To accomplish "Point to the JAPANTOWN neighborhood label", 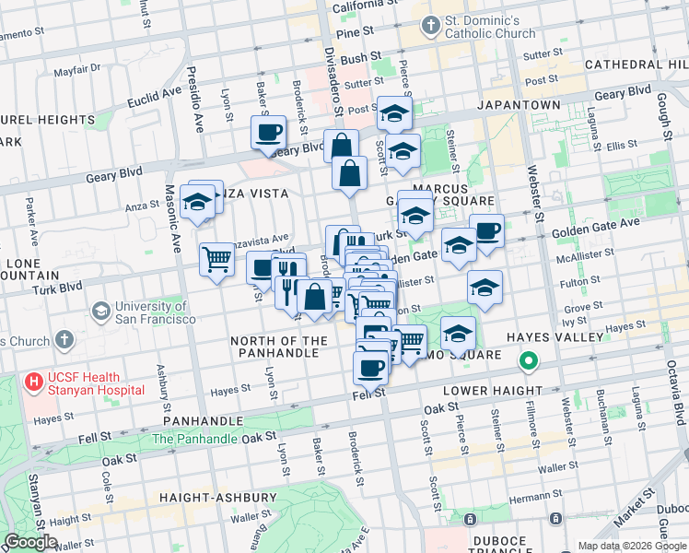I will click(519, 105).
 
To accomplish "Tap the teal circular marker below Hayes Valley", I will click(529, 361).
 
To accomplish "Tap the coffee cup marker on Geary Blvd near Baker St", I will click(268, 133).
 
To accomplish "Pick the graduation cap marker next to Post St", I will click(394, 113).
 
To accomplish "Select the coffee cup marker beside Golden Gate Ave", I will click(486, 231).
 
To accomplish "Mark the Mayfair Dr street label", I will click(76, 70).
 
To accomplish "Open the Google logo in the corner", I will click(30, 542).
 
